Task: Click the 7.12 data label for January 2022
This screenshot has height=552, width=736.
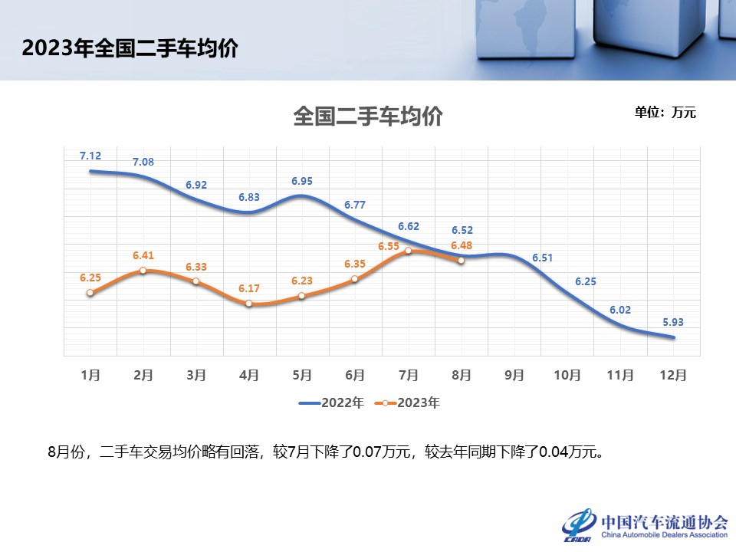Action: pyautogui.click(x=90, y=156)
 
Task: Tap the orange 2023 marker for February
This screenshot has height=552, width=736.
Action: pyautogui.click(x=143, y=271)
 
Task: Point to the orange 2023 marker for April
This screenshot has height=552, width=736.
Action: pyautogui.click(x=249, y=304)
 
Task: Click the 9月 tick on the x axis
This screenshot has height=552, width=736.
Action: pyautogui.click(x=514, y=375)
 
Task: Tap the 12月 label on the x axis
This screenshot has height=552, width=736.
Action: pyautogui.click(x=673, y=375)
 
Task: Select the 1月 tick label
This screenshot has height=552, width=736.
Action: pyautogui.click(x=90, y=375)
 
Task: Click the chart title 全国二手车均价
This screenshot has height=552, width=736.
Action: pyautogui.click(x=368, y=117)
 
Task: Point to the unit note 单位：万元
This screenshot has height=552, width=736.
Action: pyautogui.click(x=665, y=112)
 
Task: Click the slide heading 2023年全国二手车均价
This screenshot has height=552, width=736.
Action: pyautogui.click(x=130, y=48)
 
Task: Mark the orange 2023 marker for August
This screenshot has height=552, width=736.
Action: pyautogui.click(x=461, y=261)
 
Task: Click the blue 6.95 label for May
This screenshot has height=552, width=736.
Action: pyautogui.click(x=302, y=181)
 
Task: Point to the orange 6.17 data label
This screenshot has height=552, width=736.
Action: pyautogui.click(x=249, y=288)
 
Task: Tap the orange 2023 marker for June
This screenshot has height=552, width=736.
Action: pyautogui.click(x=355, y=279)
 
